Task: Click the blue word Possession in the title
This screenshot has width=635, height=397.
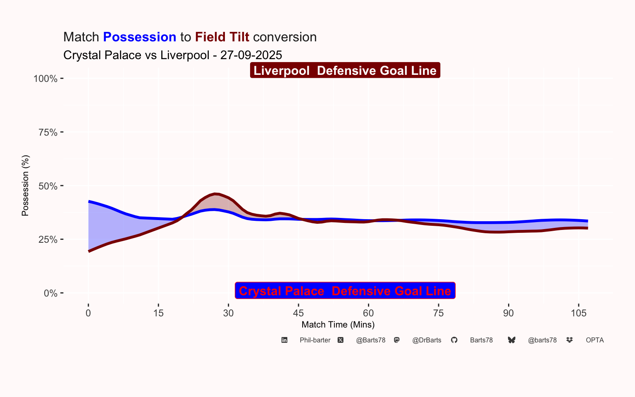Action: tap(140, 37)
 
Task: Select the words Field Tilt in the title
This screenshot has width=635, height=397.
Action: tap(222, 37)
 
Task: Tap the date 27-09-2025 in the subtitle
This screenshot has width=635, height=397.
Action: tap(251, 55)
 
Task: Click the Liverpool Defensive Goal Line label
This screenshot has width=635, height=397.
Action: tap(345, 71)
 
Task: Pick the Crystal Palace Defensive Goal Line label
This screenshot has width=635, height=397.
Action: tap(345, 291)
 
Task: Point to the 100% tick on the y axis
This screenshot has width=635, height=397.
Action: tap(45, 79)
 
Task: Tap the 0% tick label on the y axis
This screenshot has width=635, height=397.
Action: tap(50, 293)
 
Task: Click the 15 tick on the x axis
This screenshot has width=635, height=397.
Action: tap(158, 313)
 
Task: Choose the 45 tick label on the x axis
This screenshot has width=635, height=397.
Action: tap(298, 313)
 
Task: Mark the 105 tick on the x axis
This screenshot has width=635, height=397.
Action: tap(579, 313)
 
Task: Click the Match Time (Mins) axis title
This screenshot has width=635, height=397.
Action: tap(338, 325)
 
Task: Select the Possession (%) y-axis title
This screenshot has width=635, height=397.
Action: tap(25, 186)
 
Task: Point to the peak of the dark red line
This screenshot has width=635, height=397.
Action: tap(215, 194)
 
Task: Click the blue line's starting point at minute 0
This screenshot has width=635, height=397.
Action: tap(89, 201)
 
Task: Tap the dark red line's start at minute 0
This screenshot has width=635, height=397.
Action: tap(89, 251)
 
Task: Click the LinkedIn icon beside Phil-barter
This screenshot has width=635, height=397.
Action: tap(284, 340)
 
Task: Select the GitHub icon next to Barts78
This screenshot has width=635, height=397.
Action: tap(454, 340)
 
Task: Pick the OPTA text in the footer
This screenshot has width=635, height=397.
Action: tap(594, 340)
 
